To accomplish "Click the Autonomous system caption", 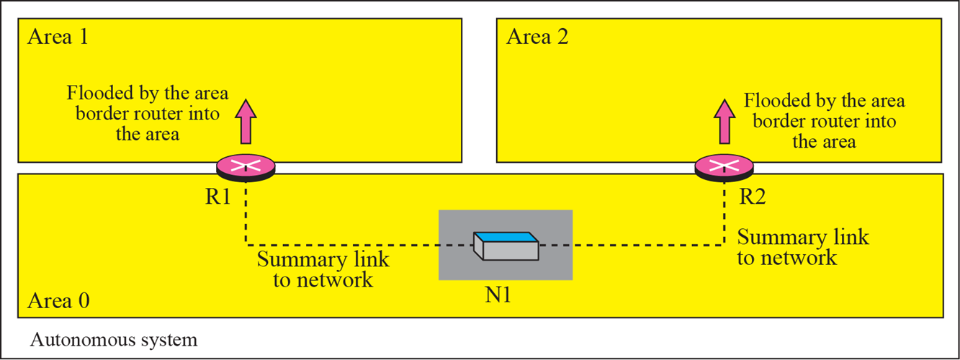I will [x=113, y=340].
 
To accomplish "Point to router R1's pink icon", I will [x=246, y=166].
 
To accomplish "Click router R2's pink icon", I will [x=723, y=166].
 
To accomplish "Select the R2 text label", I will [x=752, y=197].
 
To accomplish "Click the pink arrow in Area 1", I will [x=245, y=120].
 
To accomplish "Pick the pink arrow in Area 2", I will [x=724, y=120].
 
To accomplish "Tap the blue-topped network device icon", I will [x=505, y=246].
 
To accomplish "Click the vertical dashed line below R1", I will [x=246, y=209].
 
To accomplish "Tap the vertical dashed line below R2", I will [x=723, y=209].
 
